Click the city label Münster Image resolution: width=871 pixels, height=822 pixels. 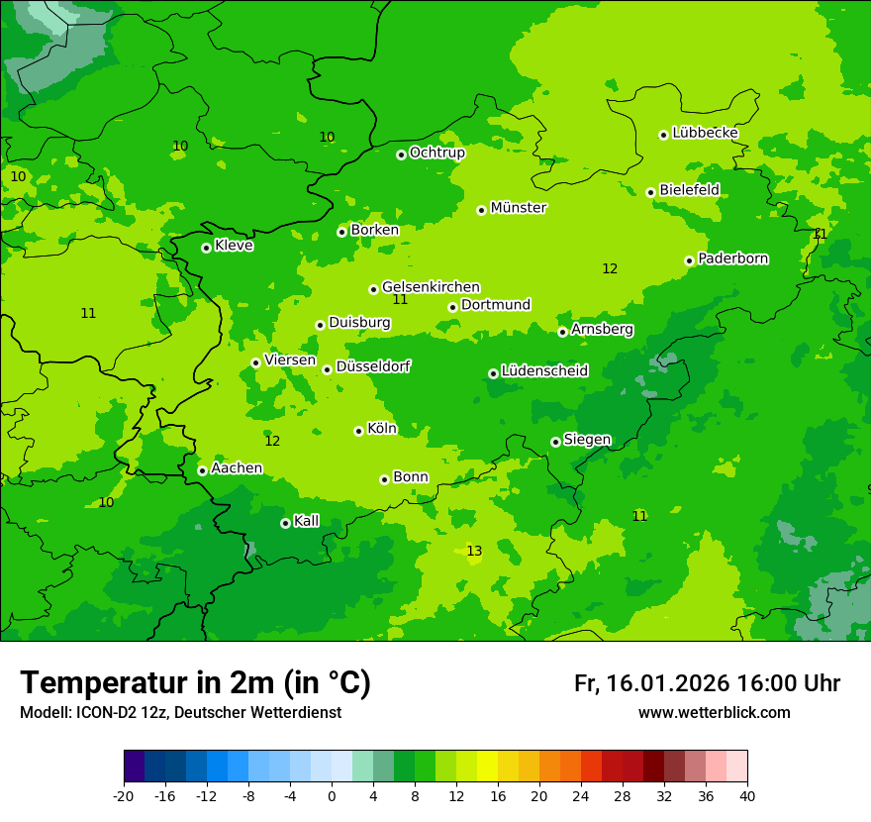(518, 208)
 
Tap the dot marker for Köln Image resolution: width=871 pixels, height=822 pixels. (358, 431)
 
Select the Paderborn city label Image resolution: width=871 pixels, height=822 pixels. (732, 258)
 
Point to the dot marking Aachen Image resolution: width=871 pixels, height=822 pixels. (202, 470)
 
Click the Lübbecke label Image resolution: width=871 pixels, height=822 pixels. (705, 133)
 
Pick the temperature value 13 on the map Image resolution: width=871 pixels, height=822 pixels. (474, 551)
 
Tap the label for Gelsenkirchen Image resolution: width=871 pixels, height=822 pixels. (431, 287)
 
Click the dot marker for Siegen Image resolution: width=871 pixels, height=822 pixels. (555, 442)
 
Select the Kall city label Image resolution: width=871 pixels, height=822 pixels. (307, 521)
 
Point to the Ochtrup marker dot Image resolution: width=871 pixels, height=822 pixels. (401, 154)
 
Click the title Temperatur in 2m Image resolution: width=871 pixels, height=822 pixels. (195, 683)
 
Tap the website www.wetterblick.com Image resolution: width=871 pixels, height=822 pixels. (714, 713)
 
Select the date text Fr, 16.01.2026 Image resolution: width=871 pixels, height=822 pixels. (651, 683)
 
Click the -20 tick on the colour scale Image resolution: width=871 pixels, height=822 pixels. (124, 796)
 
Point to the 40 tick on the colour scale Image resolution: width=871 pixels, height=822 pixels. (747, 796)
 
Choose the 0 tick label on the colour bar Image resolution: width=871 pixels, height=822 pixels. (332, 796)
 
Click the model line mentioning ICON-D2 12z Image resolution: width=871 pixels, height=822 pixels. (180, 713)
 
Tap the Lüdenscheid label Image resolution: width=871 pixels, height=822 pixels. (544, 371)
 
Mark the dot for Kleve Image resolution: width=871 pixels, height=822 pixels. (206, 248)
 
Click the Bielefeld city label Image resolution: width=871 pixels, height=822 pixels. (689, 189)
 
